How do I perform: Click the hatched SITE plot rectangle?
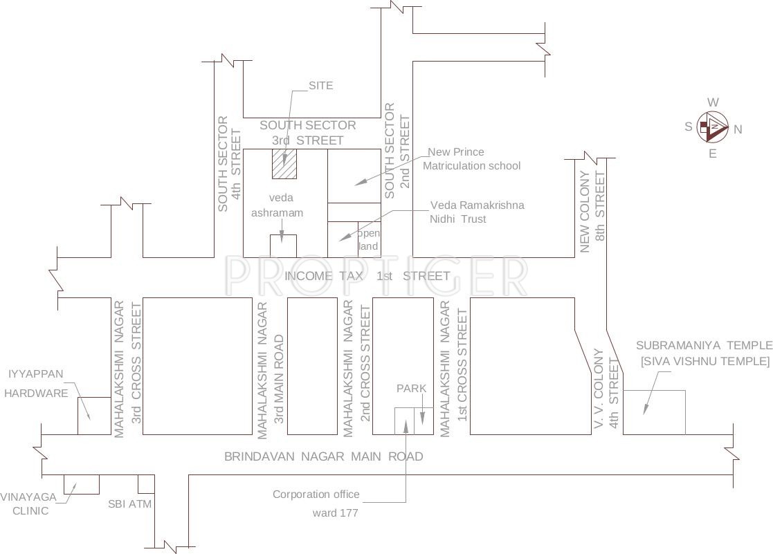pyautogui.click(x=284, y=164)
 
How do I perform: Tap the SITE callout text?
pyautogui.click(x=320, y=86)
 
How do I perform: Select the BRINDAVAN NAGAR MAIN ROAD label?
pyautogui.click(x=324, y=456)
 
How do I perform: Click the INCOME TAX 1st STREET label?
pyautogui.click(x=367, y=276)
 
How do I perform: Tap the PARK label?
pyautogui.click(x=411, y=389)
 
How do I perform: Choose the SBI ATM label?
pyautogui.click(x=129, y=504)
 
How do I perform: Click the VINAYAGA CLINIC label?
pyautogui.click(x=24, y=504)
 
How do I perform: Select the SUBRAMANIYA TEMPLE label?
pyautogui.click(x=704, y=353)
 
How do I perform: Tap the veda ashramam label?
pyautogui.click(x=277, y=205)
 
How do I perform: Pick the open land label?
pyautogui.click(x=368, y=239)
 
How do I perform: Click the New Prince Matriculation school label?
pyautogui.click(x=471, y=159)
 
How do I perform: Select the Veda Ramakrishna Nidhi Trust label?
pyautogui.click(x=477, y=212)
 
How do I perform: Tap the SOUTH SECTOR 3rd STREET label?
pyautogui.click(x=308, y=133)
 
